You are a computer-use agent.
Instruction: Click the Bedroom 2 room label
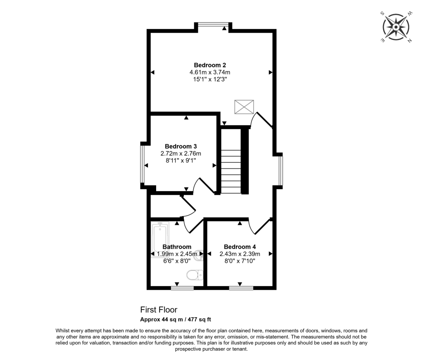[x=210, y=65]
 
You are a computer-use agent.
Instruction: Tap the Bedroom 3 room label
[x=181, y=146]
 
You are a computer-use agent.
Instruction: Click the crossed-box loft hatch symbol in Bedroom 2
[x=244, y=107]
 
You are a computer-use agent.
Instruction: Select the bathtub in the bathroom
[x=160, y=239]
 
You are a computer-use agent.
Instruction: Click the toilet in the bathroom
[x=195, y=275]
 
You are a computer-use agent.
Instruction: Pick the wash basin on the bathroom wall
[x=199, y=255]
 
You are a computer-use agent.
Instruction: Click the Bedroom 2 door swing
[x=261, y=121]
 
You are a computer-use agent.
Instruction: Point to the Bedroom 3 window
[x=143, y=165]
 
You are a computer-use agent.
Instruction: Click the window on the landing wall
[x=280, y=170]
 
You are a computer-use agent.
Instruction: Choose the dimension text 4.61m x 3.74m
[x=210, y=72]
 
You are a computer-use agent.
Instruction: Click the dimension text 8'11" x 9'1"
[x=181, y=160]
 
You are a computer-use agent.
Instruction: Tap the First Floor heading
[x=159, y=310]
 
